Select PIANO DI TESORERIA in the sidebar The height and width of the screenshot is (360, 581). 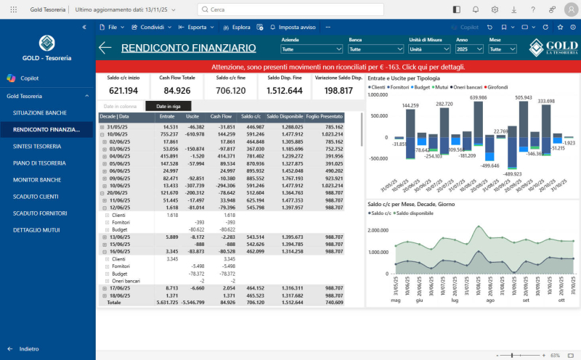[x=44, y=163]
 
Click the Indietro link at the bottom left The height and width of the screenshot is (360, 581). [x=29, y=348]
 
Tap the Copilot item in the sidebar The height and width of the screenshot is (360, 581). [x=29, y=78]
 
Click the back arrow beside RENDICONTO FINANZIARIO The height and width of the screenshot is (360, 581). [x=105, y=48]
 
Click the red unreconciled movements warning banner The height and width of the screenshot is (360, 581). [x=338, y=67]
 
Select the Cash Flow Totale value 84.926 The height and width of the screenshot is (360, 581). [x=176, y=91]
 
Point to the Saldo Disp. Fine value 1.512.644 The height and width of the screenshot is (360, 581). [x=285, y=91]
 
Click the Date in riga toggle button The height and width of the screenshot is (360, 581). [x=168, y=106]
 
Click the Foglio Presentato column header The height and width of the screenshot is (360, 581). [x=325, y=116]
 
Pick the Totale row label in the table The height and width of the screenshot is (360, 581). [x=114, y=302]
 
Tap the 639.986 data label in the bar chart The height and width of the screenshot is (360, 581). [x=478, y=97]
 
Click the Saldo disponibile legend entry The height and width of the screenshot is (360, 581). [x=421, y=214]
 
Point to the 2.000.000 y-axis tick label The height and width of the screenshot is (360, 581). [x=382, y=230]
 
